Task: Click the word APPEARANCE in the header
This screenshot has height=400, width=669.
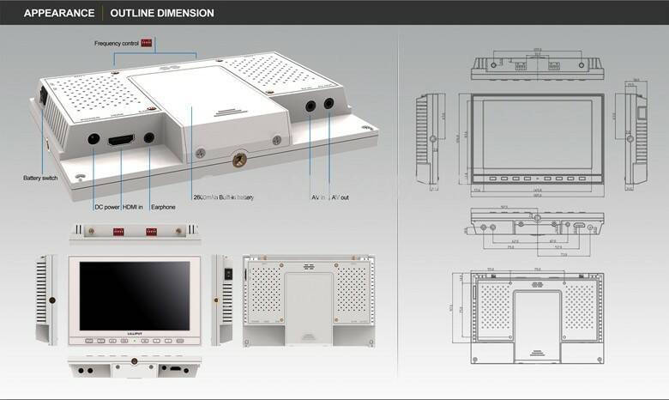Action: point(58,14)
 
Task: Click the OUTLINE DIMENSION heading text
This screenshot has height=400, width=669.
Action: point(162,14)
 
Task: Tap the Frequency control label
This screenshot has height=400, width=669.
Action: point(116,43)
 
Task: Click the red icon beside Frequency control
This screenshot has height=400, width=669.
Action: point(146,42)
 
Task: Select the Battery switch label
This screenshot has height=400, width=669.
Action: point(39,179)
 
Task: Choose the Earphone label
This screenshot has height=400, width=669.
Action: point(163,207)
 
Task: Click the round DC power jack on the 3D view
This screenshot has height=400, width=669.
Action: point(93,137)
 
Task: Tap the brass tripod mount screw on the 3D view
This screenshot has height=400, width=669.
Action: point(238,159)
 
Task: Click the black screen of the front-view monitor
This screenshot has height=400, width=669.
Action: point(135,294)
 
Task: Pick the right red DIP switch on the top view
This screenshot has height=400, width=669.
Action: point(152,232)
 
